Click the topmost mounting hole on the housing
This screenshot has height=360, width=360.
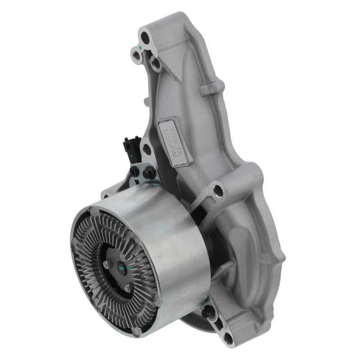pos(145,36)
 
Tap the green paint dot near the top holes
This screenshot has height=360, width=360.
pos(141,47)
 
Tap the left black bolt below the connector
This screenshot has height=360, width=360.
pos(135,171)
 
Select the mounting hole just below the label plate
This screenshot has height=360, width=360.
pos(146,149)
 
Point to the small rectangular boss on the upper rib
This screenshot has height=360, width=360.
pos(207,89)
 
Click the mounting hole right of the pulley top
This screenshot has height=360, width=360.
pos(218,190)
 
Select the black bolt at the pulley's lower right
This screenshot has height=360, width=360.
pos(208,310)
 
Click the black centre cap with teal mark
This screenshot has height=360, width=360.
pos(122,269)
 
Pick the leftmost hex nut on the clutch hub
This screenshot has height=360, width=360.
pos(106,265)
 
